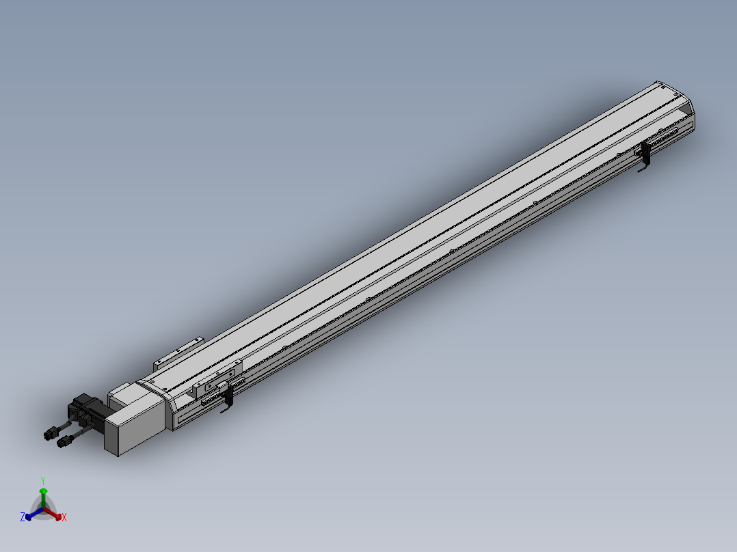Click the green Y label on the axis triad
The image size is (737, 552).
[x=43, y=480]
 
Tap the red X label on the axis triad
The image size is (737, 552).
[x=64, y=517]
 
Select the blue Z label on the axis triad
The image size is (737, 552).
[x=22, y=517]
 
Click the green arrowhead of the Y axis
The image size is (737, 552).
[x=43, y=491]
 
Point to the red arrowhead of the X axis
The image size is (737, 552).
[x=58, y=516]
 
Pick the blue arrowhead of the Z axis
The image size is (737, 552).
[x=29, y=516]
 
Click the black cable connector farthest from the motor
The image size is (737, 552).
[x=51, y=434]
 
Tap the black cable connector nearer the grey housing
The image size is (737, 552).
[x=64, y=441]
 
